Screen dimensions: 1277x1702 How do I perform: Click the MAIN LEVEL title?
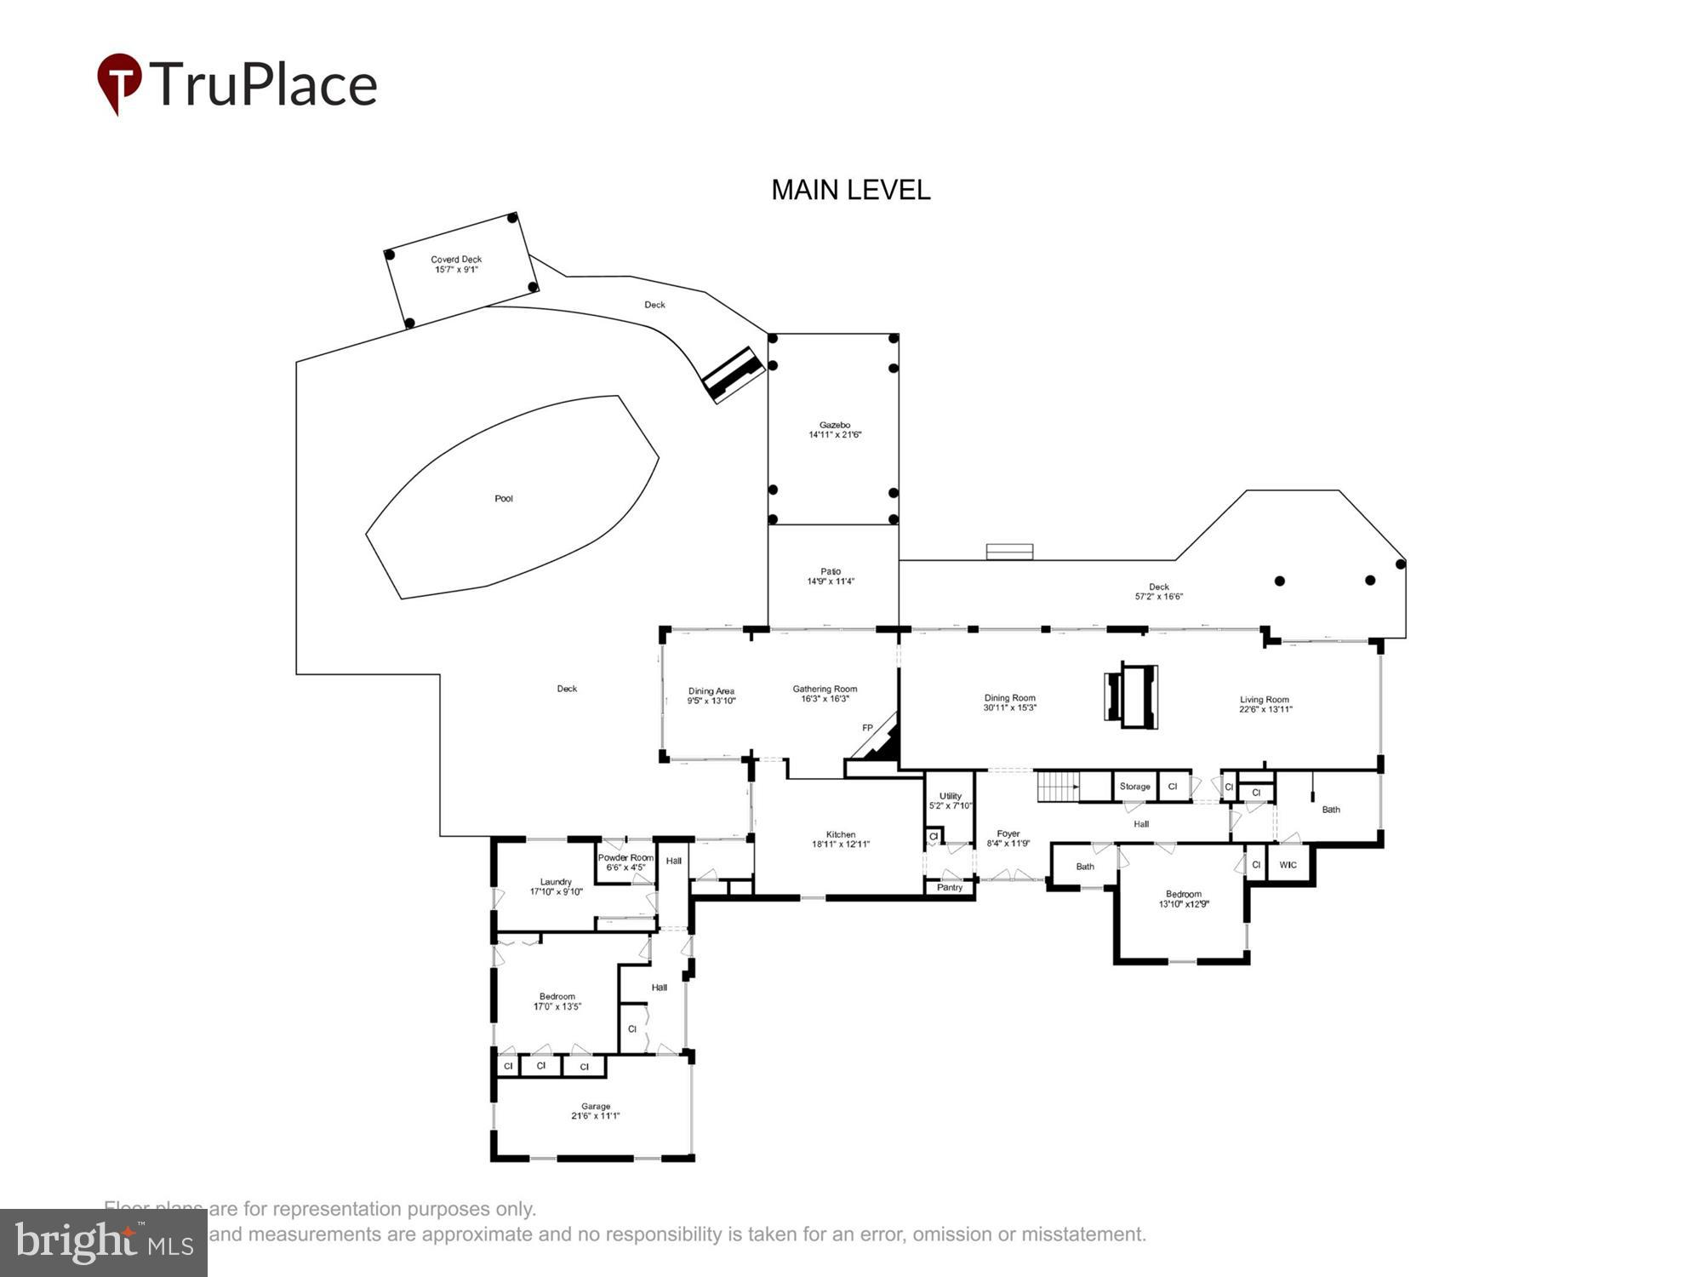point(850,190)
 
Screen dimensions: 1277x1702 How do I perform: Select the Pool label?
point(504,499)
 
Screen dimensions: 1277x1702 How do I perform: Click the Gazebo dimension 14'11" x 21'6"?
point(835,435)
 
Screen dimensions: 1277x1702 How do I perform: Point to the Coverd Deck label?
point(456,260)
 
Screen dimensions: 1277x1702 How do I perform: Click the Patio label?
point(831,571)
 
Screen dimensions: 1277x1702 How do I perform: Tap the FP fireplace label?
point(867,728)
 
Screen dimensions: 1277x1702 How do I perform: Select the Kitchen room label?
point(841,834)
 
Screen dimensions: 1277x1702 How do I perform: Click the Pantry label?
point(950,887)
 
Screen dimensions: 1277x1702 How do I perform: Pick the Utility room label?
point(951,796)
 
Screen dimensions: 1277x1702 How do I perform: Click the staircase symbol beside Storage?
point(1057,786)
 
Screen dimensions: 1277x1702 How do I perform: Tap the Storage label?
point(1134,787)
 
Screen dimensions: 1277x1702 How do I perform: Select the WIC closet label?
point(1288,865)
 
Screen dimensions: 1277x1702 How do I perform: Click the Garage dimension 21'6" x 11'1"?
point(596,1116)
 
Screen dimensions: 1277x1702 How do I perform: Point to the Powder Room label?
point(625,857)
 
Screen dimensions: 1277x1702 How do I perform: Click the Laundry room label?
point(556,882)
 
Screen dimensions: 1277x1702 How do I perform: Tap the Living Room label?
point(1264,700)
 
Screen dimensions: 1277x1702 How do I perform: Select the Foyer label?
point(1008,833)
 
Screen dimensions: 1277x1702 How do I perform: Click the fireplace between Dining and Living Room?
point(1131,696)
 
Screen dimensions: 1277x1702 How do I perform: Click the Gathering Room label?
point(825,689)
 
